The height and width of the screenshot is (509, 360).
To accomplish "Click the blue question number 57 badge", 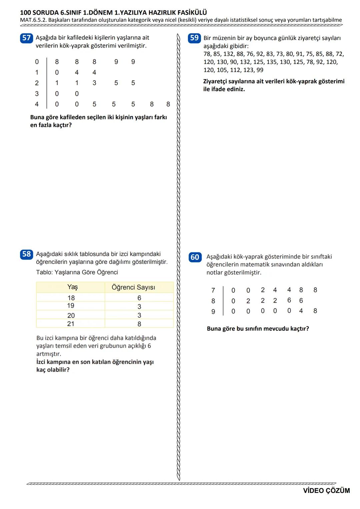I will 26,38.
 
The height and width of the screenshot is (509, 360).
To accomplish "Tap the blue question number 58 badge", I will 26,254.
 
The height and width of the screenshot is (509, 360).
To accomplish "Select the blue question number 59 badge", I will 194,38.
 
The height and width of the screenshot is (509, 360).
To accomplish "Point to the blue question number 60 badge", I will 195,257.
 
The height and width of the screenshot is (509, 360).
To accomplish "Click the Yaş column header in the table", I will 72,287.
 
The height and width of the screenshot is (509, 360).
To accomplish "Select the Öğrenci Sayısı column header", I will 133,287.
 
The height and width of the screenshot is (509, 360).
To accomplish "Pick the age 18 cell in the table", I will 71,298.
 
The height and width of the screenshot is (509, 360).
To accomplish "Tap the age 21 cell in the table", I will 71,324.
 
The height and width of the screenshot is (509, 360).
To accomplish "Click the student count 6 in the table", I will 139,298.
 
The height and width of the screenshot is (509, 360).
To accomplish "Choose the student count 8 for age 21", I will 139,324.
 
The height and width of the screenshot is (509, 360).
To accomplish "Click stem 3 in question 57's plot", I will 37,94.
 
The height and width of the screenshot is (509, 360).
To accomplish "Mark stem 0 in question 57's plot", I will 37,62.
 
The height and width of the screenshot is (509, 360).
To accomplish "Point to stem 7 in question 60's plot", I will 213,290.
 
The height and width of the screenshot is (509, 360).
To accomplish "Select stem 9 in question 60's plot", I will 213,312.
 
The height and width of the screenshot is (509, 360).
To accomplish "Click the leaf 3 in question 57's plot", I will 94,83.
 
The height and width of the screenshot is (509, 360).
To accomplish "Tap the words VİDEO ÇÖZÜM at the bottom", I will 326,491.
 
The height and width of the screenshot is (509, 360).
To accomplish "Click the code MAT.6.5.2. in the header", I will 33,20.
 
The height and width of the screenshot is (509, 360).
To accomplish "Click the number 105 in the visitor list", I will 222,70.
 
